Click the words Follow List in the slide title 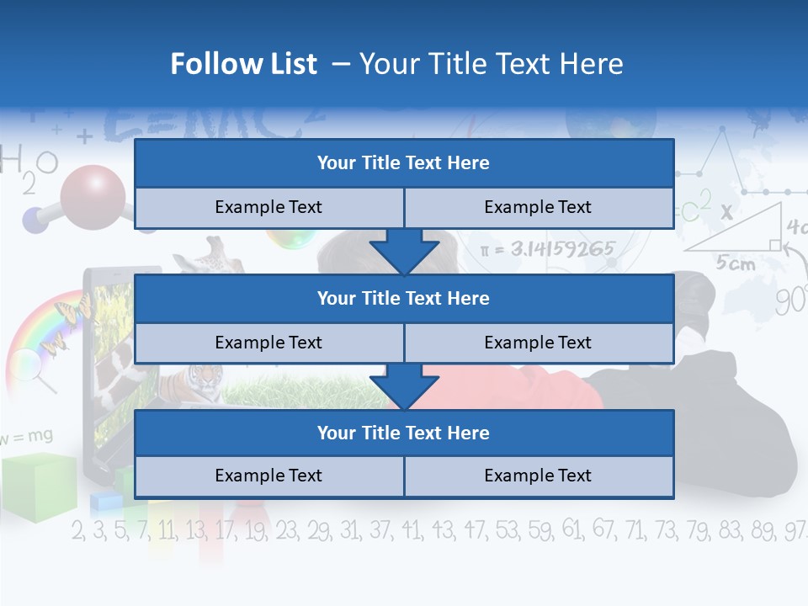244,64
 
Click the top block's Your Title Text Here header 403,163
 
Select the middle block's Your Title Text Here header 403,298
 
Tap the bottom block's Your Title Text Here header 403,433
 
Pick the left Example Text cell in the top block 268,207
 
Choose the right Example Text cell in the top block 538,207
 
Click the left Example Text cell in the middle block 268,343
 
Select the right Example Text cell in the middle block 538,343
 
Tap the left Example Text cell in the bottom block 268,476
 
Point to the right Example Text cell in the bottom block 538,476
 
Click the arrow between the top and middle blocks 404,252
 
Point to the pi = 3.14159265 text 547,249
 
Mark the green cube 38,486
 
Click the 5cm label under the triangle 735,263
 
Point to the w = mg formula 27,436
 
